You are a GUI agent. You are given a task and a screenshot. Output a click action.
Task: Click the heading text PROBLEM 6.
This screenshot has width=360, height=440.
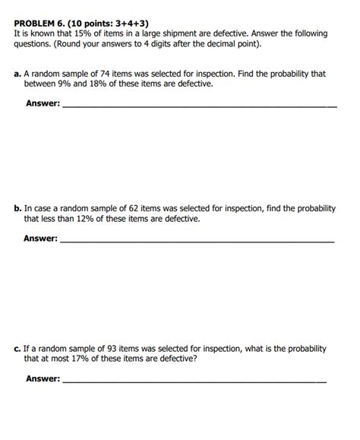tap(39, 24)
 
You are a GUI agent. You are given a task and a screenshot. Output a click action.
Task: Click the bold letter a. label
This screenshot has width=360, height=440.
tap(17, 74)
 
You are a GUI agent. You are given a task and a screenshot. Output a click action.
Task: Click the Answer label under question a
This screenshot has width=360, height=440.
tap(43, 104)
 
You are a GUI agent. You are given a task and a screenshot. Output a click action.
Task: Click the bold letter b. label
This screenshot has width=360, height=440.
tap(17, 208)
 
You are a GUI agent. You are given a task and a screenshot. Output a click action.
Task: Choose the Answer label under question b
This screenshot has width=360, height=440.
tap(40, 239)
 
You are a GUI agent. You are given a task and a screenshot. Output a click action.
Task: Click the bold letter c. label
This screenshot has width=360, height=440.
tap(17, 348)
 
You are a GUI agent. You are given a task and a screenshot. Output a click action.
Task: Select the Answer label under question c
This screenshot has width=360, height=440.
tap(43, 378)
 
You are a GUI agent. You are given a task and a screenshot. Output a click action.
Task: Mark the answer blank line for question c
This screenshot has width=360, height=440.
tap(194, 381)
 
